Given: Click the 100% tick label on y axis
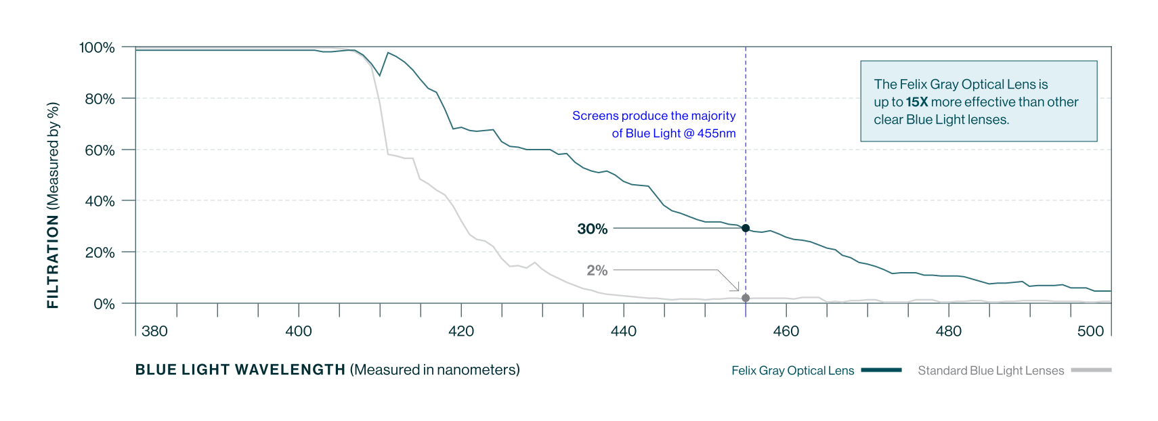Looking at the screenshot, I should click(x=97, y=47).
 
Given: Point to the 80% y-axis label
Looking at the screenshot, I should click(x=100, y=99).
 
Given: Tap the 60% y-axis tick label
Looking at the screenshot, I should click(x=100, y=150).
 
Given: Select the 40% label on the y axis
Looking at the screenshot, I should click(x=100, y=201).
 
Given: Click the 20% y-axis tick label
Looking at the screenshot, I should click(x=100, y=252).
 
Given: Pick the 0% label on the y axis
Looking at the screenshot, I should click(x=104, y=304).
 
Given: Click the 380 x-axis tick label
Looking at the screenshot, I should click(x=154, y=331).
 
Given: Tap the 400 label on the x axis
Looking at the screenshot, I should click(x=299, y=331).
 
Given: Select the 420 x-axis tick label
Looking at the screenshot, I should click(x=461, y=331).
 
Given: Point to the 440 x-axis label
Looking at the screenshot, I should click(x=624, y=331).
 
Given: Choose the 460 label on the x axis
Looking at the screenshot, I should click(x=786, y=331).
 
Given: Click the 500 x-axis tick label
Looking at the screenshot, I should click(x=1090, y=331).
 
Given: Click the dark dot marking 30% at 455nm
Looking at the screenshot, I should click(x=746, y=228).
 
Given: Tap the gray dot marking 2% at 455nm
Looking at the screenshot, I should click(x=746, y=298).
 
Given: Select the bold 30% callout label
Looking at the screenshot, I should click(x=592, y=229).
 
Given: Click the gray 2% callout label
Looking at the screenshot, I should click(x=597, y=270).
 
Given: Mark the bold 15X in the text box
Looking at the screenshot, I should click(x=917, y=102).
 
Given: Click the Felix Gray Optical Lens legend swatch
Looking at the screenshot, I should click(x=881, y=370).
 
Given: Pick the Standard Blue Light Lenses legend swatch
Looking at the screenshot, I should click(x=1091, y=370).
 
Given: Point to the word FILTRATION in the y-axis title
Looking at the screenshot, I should click(x=53, y=261).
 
